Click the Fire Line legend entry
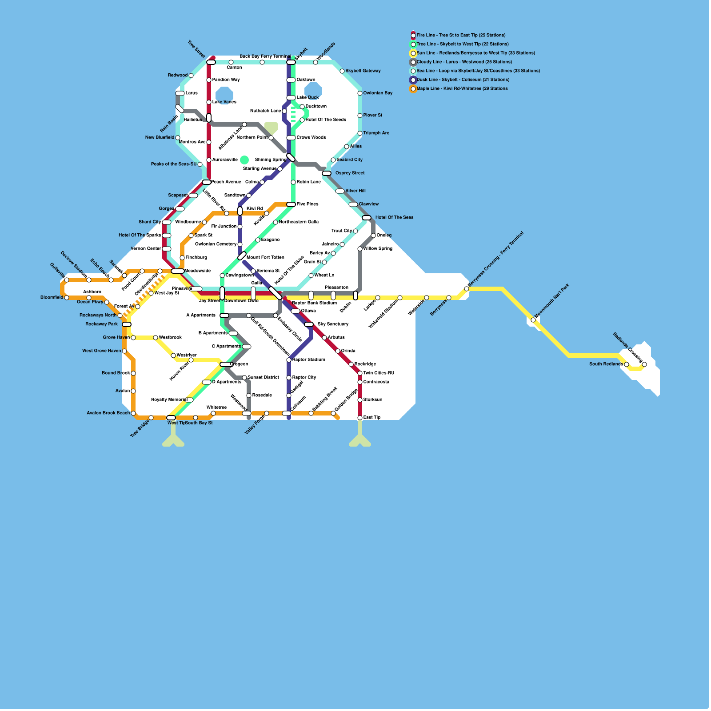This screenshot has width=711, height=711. point(460,35)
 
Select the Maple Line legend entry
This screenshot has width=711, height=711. point(462,88)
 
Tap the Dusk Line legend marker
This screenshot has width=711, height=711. point(413,80)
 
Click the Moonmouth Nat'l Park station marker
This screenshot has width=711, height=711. point(533,320)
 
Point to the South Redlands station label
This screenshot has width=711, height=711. point(606,364)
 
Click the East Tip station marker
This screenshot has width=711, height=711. point(360,418)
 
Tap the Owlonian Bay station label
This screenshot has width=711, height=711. point(378,93)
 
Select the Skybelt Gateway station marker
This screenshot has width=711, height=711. point(342,71)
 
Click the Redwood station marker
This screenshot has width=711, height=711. point(191,76)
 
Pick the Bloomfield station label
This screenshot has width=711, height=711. point(52,297)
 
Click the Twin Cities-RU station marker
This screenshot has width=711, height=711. point(360,373)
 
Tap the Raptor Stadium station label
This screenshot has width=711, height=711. point(308,359)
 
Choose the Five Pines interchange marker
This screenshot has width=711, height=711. point(291,204)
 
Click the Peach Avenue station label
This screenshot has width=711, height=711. point(226,182)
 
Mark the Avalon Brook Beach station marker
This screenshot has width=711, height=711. point(133,413)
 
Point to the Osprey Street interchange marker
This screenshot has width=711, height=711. point(327,173)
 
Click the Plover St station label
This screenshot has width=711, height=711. point(373,115)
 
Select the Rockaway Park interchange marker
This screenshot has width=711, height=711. point(127,324)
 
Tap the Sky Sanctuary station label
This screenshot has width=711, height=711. point(333,324)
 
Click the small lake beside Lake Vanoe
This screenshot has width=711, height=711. point(224,94)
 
